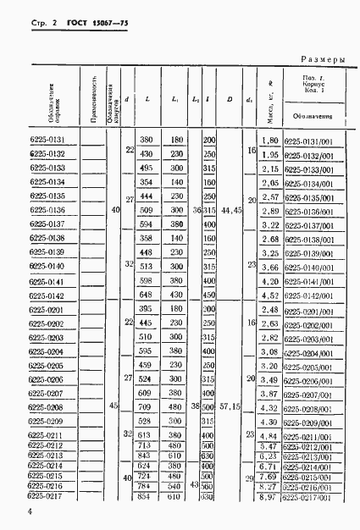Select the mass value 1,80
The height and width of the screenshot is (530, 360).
point(270,141)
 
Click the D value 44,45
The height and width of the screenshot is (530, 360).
point(230,218)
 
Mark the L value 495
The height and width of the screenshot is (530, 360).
point(146,168)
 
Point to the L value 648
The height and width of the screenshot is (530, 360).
point(146,295)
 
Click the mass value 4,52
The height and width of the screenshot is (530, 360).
point(270,295)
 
